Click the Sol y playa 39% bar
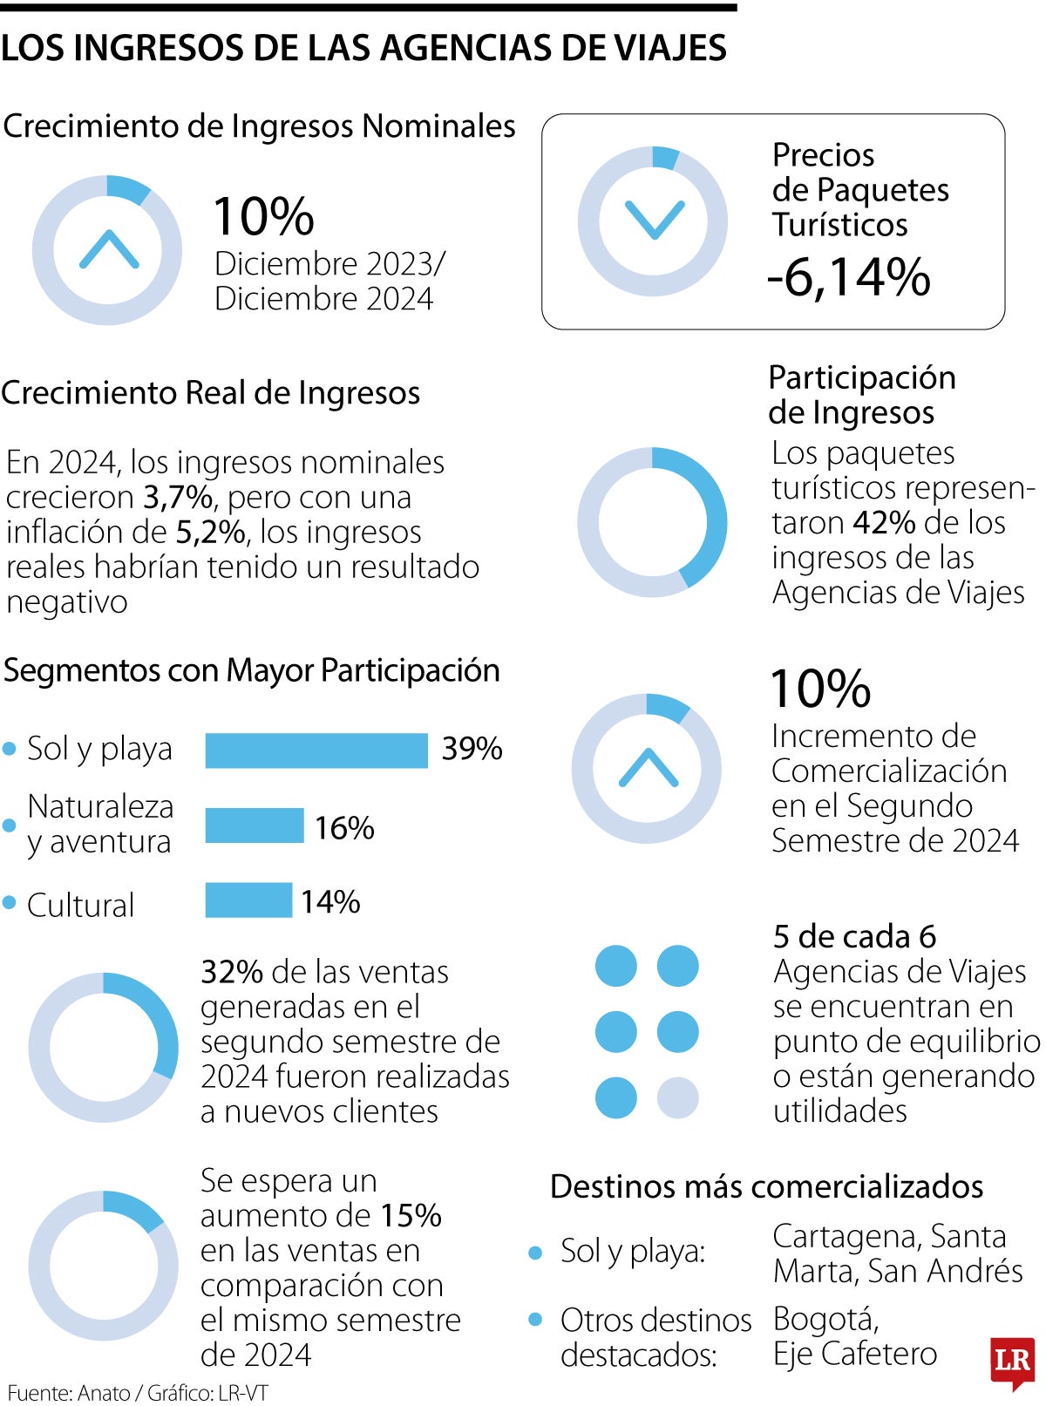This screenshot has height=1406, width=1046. coord(316,750)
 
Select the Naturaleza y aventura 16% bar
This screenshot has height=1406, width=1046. coord(255,825)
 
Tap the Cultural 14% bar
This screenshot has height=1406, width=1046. coord(248,900)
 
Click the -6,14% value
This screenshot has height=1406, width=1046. coord(849,277)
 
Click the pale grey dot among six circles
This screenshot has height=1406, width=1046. coord(677,1097)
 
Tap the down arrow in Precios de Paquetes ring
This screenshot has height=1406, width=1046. coord(654,220)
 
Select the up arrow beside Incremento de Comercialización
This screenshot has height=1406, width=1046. coord(647,768)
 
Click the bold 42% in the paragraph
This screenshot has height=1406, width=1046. coord(884,522)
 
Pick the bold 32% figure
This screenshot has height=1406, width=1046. coord(232,971)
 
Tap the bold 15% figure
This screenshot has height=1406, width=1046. coord(411,1215)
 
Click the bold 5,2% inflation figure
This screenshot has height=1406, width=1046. coord(210,532)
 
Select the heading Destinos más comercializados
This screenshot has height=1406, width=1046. coord(766,1186)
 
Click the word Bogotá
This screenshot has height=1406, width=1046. coord(825,1319)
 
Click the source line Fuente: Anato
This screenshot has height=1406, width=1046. coord(68,1392)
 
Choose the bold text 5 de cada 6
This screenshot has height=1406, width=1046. coord(854,936)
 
